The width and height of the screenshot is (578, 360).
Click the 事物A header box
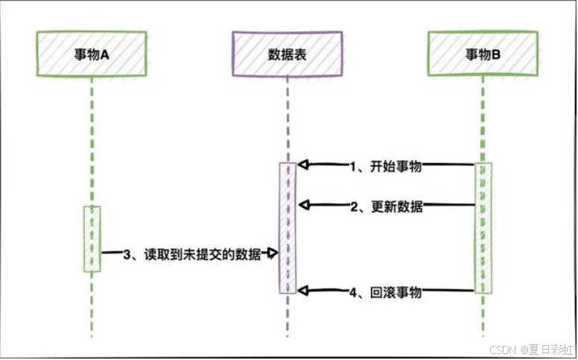[92, 54]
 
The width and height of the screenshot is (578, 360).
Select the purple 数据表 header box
[287, 54]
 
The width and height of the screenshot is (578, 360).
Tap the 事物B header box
[483, 54]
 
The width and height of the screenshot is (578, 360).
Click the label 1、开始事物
[387, 166]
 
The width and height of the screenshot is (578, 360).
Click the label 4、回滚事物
[387, 292]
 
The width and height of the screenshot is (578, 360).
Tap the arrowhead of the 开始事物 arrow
[302, 165]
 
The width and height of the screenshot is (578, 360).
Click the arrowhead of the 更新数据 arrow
[302, 204]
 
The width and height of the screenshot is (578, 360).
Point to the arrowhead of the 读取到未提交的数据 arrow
[273, 254]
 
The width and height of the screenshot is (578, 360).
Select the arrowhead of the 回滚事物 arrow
[302, 290]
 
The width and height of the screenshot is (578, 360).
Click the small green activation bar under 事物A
[92, 239]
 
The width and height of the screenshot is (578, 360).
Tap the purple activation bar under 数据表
[288, 227]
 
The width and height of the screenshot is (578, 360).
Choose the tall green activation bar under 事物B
[483, 227]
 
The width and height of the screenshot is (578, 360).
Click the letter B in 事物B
[497, 54]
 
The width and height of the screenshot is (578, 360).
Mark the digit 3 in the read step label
[127, 255]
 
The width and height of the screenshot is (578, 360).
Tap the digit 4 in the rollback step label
[355, 292]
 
